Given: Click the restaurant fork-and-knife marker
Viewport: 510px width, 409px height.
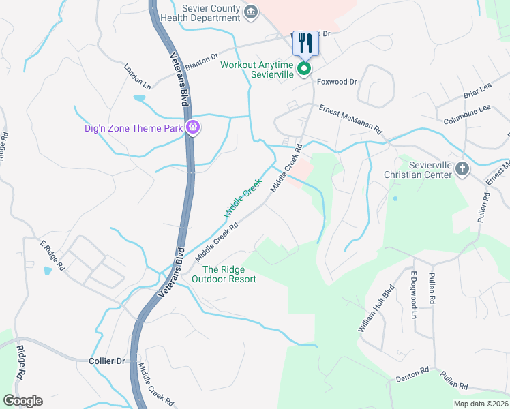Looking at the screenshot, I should pyautogui.click(x=303, y=44).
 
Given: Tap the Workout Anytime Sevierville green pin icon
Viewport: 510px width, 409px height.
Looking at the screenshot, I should pyautogui.click(x=304, y=70).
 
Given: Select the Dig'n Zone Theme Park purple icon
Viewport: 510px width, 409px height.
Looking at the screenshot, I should pyautogui.click(x=194, y=127).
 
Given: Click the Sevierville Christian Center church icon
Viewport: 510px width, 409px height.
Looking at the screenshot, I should pyautogui.click(x=462, y=169).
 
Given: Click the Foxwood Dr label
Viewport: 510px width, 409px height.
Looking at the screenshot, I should pyautogui.click(x=338, y=82).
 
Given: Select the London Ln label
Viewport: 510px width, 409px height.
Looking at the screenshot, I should pyautogui.click(x=137, y=77).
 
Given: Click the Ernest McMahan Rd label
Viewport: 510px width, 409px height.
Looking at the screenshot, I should pyautogui.click(x=351, y=119).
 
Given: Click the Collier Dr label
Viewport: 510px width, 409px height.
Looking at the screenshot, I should pyautogui.click(x=108, y=361).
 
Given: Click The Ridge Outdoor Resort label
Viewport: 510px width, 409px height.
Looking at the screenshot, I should pyautogui.click(x=224, y=274).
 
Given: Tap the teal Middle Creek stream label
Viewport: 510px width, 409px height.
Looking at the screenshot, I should pyautogui.click(x=243, y=198).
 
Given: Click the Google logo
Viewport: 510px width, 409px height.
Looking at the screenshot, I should pyautogui.click(x=22, y=401).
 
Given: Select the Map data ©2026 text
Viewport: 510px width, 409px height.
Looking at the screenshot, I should pyautogui.click(x=480, y=404).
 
